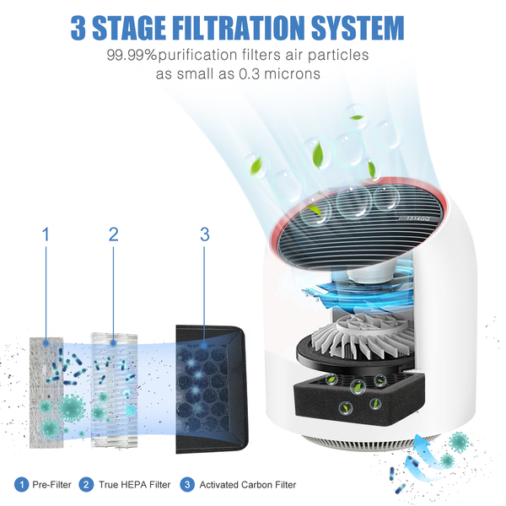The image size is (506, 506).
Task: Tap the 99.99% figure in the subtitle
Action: click(x=132, y=55)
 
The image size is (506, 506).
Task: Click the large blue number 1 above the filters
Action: click(x=46, y=234)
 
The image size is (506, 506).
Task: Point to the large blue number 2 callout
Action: click(x=114, y=234)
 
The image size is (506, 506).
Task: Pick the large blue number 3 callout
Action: click(x=205, y=234)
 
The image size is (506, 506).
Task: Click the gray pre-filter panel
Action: click(x=46, y=392)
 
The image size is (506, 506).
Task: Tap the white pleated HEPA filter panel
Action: click(x=114, y=390)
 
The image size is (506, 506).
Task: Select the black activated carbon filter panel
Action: click(x=212, y=389)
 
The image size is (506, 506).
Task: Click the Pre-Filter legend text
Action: click(x=51, y=485)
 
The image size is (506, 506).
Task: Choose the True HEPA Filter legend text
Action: click(x=134, y=485)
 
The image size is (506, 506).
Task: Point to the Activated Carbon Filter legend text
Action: click(x=247, y=485)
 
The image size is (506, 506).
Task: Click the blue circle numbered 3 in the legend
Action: click(x=187, y=485)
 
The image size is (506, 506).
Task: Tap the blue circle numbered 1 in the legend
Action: click(x=22, y=485)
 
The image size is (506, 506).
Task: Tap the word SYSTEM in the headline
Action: click(x=358, y=28)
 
